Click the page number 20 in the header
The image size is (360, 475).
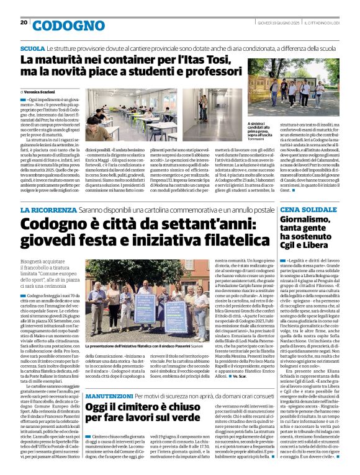point(24,22)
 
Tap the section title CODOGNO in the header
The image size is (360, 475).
point(60,25)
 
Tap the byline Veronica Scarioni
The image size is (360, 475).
point(42,91)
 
